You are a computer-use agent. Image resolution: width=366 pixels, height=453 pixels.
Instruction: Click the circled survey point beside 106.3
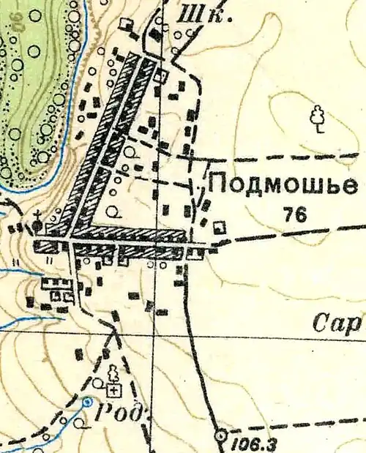pyautogui.click(x=221, y=436)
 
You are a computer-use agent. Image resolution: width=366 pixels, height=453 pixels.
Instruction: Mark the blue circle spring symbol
pyautogui.click(x=87, y=401)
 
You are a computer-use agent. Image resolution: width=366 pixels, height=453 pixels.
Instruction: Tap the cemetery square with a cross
pyautogui.click(x=113, y=389)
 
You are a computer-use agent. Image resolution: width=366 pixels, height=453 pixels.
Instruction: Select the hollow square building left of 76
pyautogui.click(x=220, y=227)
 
